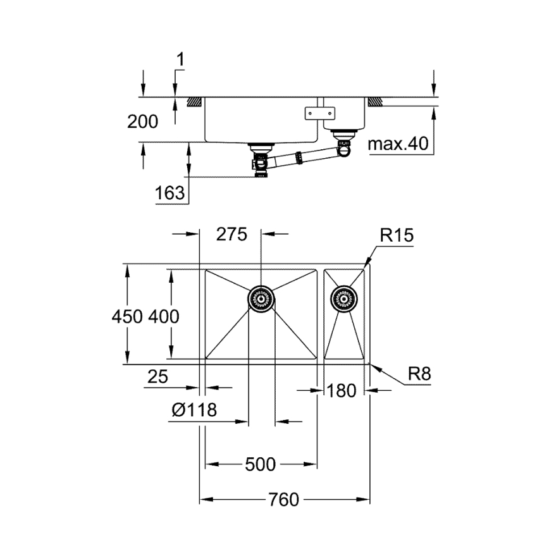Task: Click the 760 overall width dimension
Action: (x=283, y=500)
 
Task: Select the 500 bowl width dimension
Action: (x=260, y=465)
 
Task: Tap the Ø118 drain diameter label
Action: (x=194, y=410)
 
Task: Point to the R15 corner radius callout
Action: (x=397, y=237)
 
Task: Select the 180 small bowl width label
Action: (x=342, y=392)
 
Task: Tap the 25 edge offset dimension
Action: (x=157, y=377)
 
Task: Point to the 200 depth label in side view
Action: (x=142, y=121)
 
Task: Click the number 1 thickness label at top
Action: (x=180, y=60)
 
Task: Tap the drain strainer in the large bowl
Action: (x=260, y=298)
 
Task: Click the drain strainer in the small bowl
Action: (x=345, y=298)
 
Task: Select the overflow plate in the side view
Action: (x=319, y=113)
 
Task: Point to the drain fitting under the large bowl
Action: (x=261, y=160)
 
